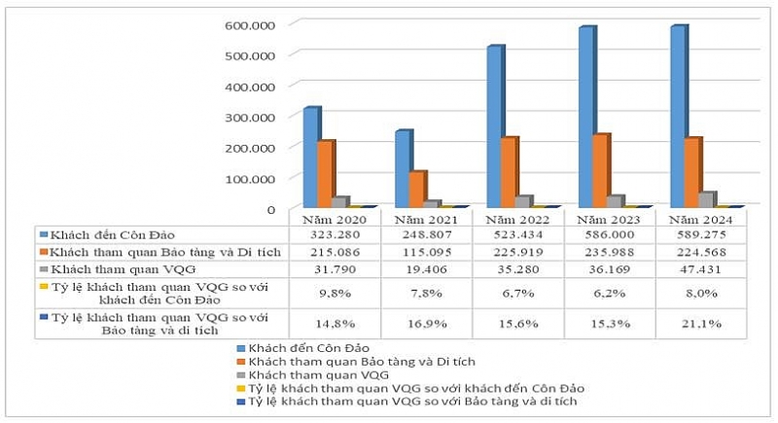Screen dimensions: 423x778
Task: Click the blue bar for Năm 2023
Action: pyautogui.click(x=586, y=117)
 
